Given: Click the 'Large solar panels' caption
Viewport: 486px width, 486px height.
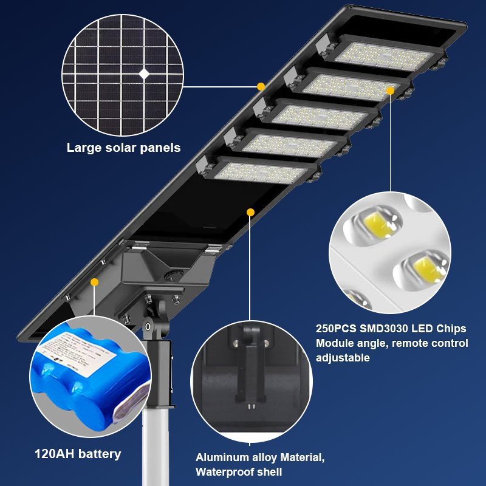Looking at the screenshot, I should tap(123, 147).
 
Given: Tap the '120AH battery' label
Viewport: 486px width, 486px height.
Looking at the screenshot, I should tap(78, 454).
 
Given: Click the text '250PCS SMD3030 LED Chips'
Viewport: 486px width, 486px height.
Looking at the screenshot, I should tap(391, 329).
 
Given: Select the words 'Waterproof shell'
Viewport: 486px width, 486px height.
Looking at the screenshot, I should tap(239, 472).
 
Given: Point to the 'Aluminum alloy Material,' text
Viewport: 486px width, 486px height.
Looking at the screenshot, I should tap(260, 457).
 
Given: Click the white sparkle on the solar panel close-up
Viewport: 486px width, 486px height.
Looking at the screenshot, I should tap(144, 74).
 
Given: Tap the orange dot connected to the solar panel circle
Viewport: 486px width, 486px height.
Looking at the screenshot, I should tap(261, 86).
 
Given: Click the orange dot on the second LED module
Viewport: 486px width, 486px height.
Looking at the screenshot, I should tap(390, 91).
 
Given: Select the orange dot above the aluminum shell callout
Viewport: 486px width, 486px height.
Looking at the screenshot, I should tap(250, 211).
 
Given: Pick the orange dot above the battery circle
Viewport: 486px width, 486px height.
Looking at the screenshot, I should tap(94, 282).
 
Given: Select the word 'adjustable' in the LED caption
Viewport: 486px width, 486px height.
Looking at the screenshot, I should tap(343, 358).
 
